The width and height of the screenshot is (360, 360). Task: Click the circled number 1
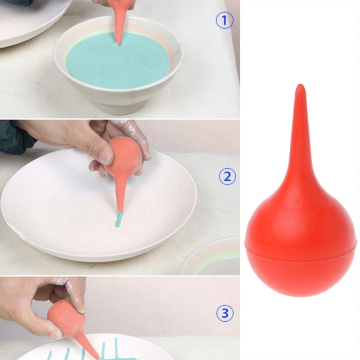click(225, 20)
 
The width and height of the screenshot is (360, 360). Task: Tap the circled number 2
click(227, 176)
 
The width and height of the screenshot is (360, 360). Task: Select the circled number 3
click(225, 313)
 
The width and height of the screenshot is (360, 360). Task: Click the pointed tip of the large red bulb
click(300, 85)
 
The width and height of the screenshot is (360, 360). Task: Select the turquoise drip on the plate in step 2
click(118, 219)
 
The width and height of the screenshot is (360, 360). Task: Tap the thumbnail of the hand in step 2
click(106, 157)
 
